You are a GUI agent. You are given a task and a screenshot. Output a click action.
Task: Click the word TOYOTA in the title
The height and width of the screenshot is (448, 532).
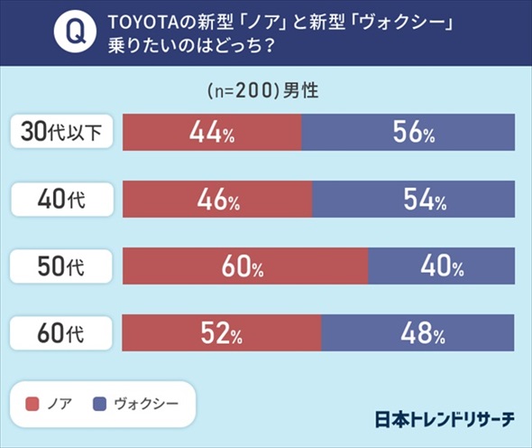141,22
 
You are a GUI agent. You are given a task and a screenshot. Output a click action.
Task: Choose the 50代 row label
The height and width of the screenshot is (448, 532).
62,266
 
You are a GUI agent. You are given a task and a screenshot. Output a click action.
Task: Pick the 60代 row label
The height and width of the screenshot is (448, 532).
62,334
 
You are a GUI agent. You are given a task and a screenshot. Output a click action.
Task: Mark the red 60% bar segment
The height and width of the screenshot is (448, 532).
245,266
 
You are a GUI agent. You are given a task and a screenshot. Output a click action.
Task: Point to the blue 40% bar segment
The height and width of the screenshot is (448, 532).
442,266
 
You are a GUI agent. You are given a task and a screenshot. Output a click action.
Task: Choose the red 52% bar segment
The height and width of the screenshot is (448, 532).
222,334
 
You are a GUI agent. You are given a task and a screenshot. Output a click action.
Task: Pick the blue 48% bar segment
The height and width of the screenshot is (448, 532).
418,334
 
